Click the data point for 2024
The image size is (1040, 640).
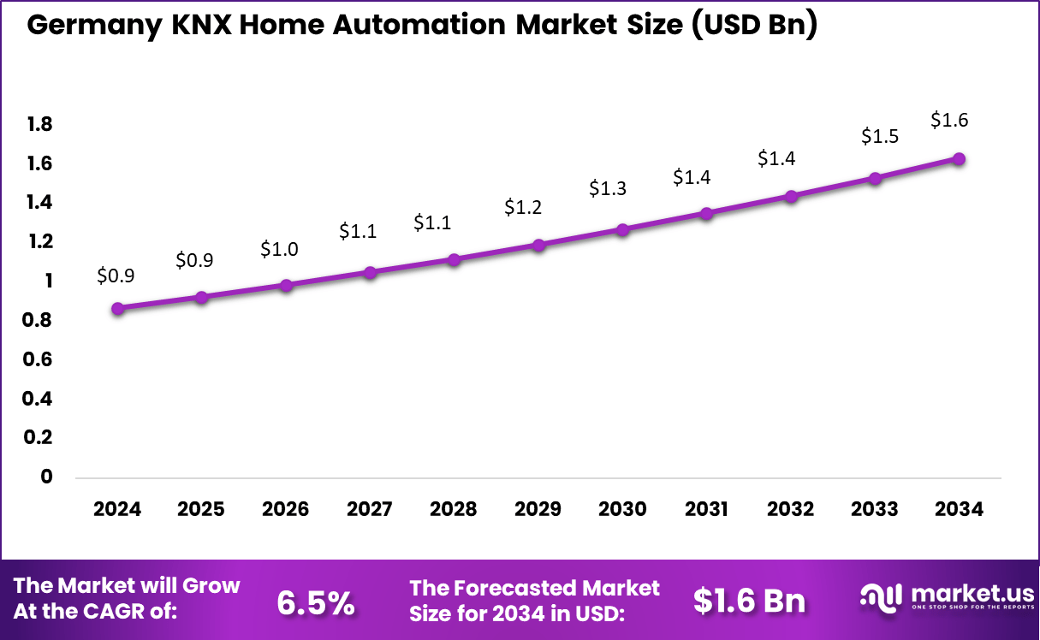coord(118,308)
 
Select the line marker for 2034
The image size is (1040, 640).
coord(960,159)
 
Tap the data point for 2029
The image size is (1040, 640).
coord(538,245)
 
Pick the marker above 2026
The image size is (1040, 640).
coord(286,285)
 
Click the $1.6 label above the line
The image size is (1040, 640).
coord(949,120)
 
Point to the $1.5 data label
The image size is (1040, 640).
coord(878,136)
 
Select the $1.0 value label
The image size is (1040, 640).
coord(279,249)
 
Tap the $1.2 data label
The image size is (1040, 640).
coord(522,206)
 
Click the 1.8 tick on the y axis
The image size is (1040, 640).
coord(39,125)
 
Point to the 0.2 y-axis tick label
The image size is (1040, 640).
coord(39,437)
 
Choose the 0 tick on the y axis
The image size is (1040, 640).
coord(46,477)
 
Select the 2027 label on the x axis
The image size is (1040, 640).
coord(370,509)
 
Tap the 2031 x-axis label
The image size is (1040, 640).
coord(707,509)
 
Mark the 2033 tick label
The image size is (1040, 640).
coord(875,509)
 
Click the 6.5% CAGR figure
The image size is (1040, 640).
coord(316,602)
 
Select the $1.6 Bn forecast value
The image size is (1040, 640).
coord(749,601)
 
